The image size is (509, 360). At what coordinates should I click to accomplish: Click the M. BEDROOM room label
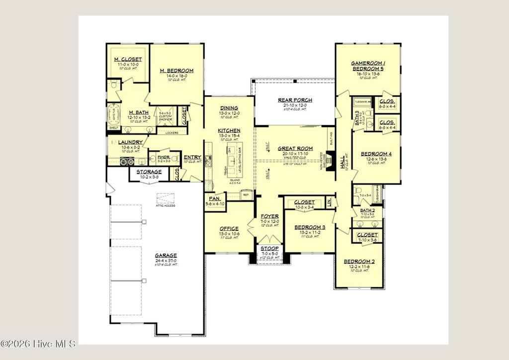click(x=176, y=71)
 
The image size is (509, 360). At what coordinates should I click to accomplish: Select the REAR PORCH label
click(x=295, y=100)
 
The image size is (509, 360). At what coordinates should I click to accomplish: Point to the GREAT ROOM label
click(x=295, y=148)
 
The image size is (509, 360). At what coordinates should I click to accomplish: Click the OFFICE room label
click(x=229, y=229)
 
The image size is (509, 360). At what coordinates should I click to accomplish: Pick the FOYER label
click(x=270, y=216)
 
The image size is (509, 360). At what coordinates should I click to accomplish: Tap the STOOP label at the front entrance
click(x=270, y=248)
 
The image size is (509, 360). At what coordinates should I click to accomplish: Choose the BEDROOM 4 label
click(x=376, y=154)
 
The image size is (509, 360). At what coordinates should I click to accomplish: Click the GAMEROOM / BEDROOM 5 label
click(x=367, y=66)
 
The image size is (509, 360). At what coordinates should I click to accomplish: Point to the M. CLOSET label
click(x=128, y=60)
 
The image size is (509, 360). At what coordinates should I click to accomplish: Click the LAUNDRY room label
click(x=130, y=142)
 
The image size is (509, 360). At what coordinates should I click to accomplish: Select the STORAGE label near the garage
click(x=146, y=172)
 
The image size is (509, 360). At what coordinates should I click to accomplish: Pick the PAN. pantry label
click(x=215, y=198)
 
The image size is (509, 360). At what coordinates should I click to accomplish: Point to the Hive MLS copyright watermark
click(x=38, y=343)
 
